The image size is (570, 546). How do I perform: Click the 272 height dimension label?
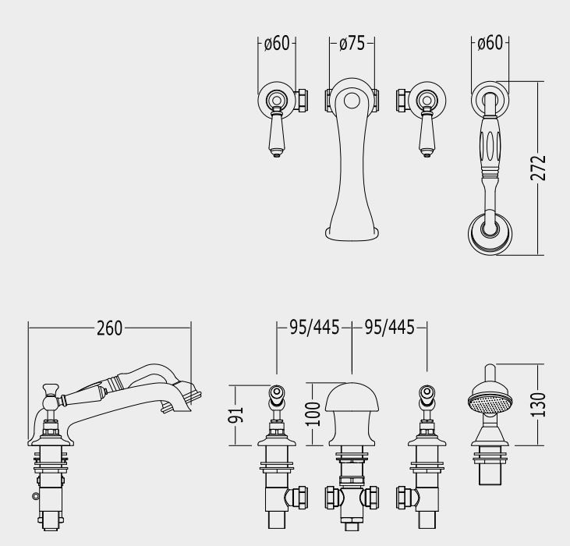pos(538,168)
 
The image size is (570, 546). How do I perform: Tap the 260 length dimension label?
pos(109,328)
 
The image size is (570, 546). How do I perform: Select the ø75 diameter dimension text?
pos(352,43)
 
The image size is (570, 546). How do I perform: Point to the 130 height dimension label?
pos(538,405)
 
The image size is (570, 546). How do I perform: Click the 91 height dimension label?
pos(235,415)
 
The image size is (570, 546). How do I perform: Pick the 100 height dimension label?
pos(312,414)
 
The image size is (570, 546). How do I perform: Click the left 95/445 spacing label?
pos(314,327)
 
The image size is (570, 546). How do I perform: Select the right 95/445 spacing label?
pos(389,327)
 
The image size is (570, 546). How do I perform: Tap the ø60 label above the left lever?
pos(277,43)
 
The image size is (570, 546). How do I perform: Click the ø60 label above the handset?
pos(490,43)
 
